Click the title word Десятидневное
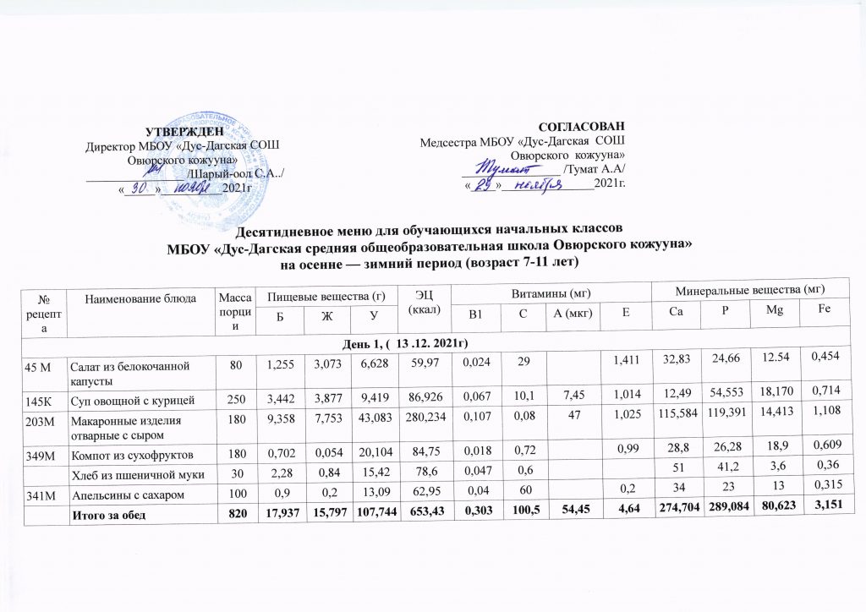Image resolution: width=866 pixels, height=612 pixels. click(x=286, y=230)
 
